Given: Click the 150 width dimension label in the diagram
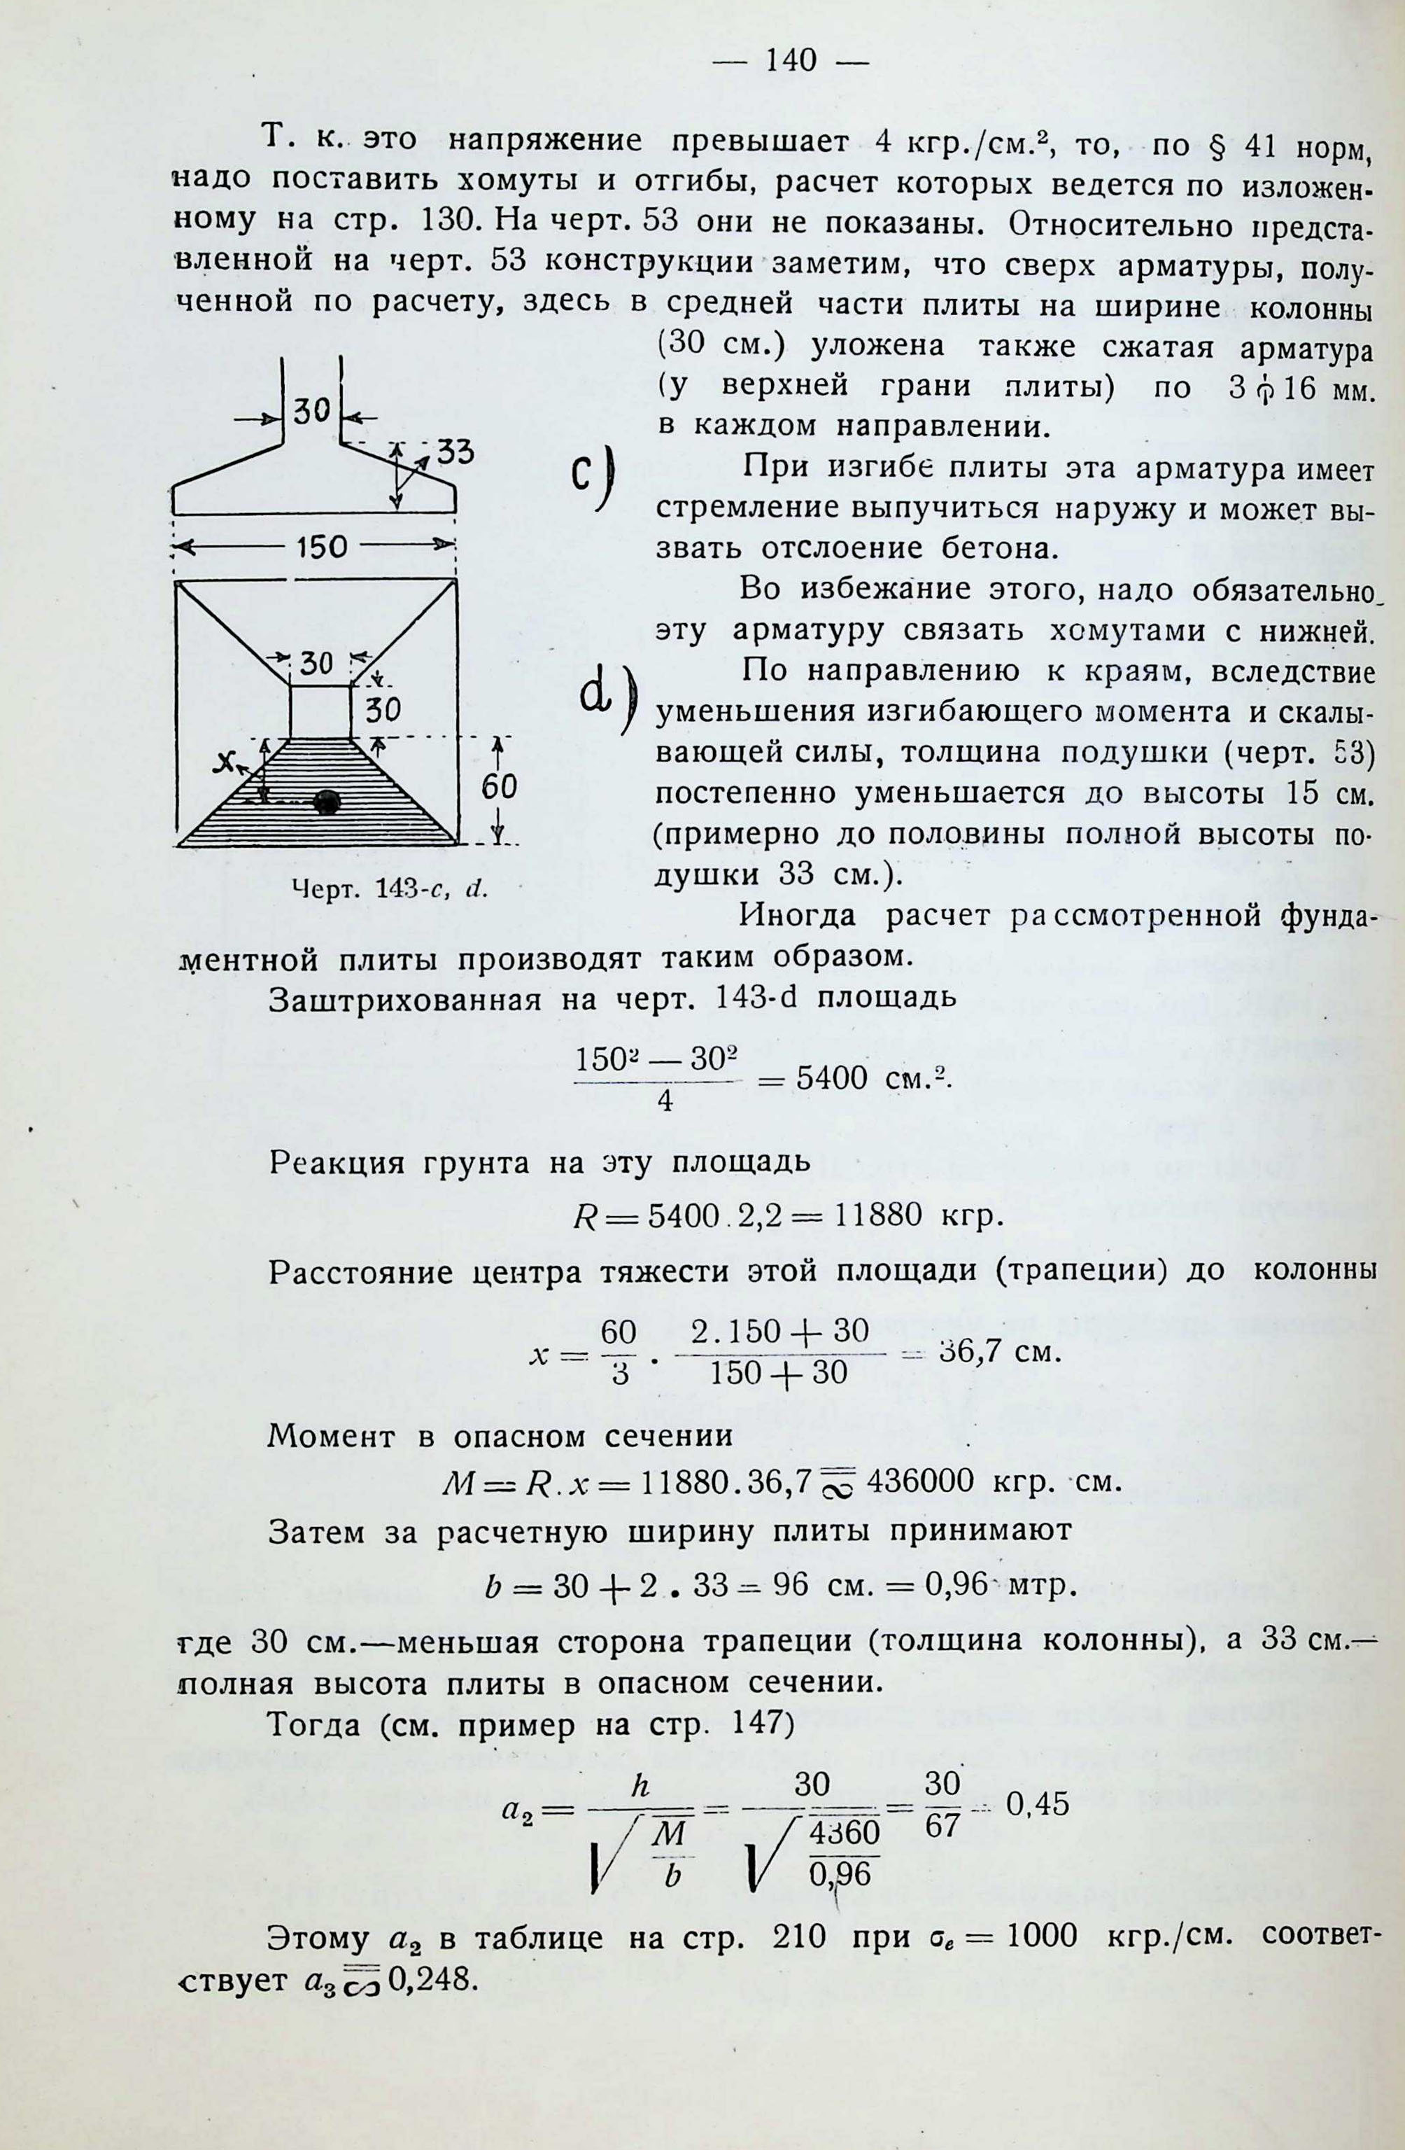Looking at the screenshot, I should (321, 547).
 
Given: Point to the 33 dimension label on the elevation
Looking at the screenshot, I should (455, 452).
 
